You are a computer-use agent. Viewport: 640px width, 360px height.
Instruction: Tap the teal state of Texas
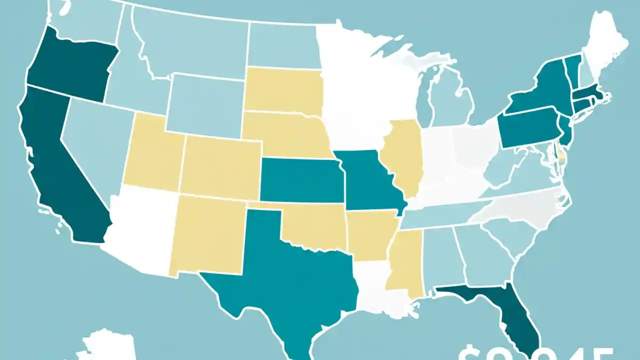[x=285, y=280]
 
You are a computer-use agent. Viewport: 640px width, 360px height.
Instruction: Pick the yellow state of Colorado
[x=220, y=167]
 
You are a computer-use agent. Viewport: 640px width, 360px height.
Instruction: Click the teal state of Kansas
[x=300, y=180]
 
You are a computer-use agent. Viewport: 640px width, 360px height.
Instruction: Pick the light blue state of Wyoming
[x=205, y=105]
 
